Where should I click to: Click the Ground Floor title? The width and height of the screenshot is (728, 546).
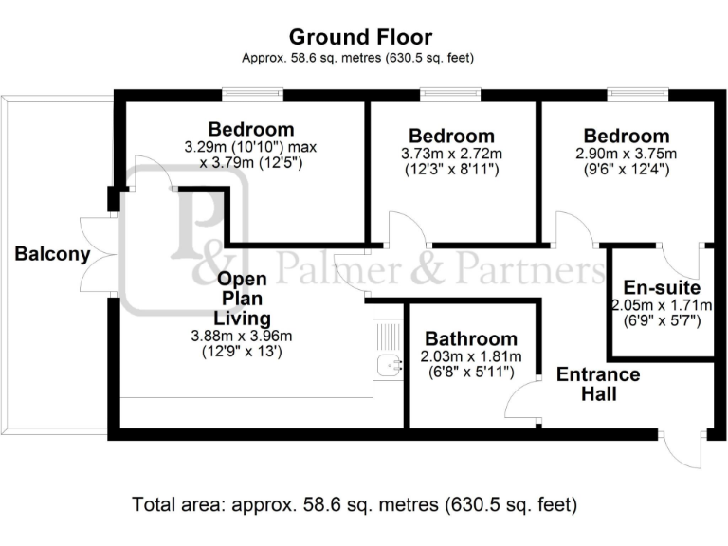tap(360, 38)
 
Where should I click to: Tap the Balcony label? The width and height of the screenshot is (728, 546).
tap(52, 254)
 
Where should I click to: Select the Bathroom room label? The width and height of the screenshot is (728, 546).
tap(471, 338)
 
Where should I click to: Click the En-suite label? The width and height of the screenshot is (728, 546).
tap(662, 287)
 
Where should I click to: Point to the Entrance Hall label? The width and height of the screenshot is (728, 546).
tap(598, 383)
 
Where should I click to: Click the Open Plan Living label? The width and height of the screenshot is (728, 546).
tap(243, 299)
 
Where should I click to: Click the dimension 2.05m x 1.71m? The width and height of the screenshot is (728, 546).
tap(662, 305)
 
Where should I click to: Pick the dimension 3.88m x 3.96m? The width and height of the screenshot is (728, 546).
tap(243, 336)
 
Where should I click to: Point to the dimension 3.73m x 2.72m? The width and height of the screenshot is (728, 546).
tap(451, 154)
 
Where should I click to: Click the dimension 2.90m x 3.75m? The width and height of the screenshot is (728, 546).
tap(627, 154)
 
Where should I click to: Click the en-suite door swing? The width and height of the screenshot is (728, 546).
tap(678, 261)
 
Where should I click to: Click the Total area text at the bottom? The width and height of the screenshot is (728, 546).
tap(355, 502)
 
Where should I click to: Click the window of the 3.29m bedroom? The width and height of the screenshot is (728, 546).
tap(253, 94)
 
